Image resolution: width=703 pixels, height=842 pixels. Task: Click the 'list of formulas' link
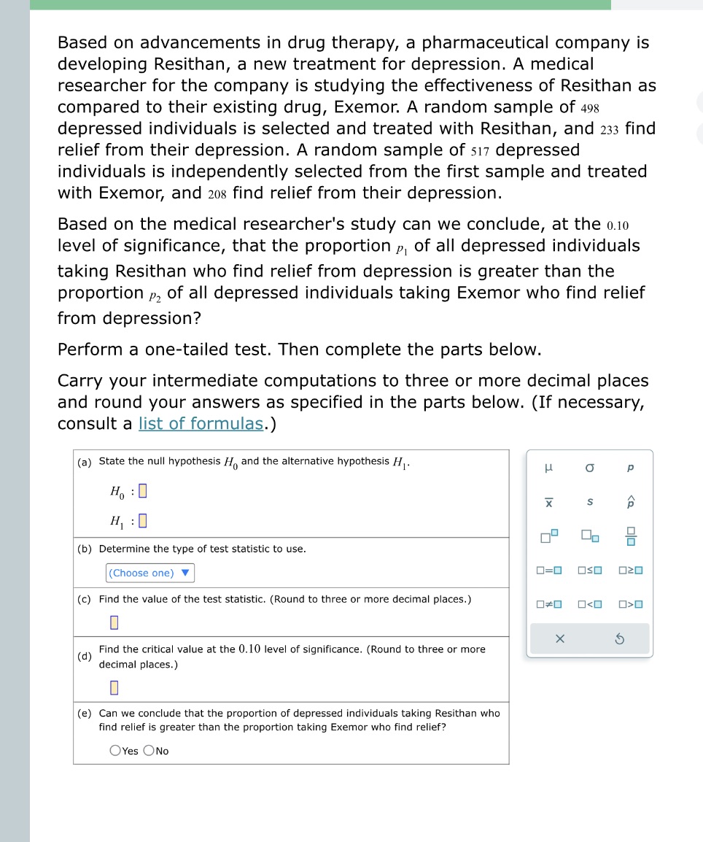201,424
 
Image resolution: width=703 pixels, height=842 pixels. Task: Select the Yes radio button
115,751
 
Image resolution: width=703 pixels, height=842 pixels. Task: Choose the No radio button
149,751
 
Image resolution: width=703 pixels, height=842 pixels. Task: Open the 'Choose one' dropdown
150,573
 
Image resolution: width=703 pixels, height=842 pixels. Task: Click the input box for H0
143,492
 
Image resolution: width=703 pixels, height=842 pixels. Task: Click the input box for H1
143,521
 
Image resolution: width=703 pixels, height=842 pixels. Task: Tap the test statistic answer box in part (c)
114,622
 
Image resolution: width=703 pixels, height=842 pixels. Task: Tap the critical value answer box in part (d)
114,688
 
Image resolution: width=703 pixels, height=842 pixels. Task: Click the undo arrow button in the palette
632,638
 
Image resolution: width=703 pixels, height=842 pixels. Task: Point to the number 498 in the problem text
590,108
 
